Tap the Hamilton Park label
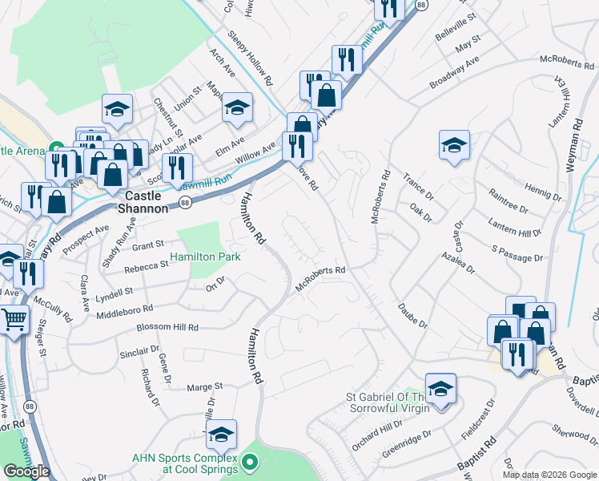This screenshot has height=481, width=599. coord(203,257)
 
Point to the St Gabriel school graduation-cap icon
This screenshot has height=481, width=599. coord(440,390)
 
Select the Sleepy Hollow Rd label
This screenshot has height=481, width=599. coord(250,59)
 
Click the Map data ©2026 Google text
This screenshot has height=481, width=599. coord(549,475)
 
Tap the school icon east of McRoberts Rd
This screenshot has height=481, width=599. coord(454,145)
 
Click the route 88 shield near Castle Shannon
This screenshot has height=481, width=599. coord(185,204)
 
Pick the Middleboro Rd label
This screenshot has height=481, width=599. coord(124,309)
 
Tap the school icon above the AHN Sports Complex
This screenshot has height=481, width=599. coord(220,435)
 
